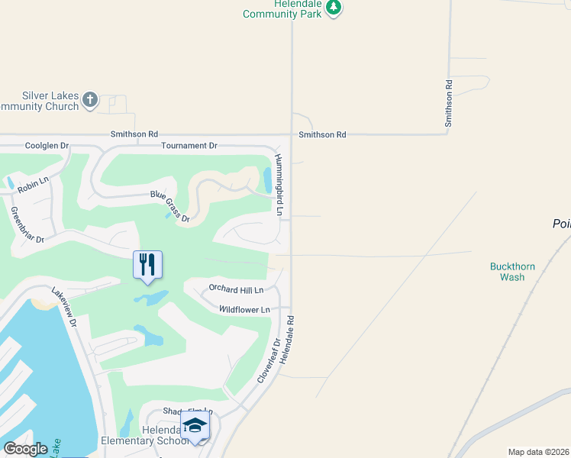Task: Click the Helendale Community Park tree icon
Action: pos(334,8)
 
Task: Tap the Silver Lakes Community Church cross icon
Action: pos(90,99)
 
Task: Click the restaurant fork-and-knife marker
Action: pos(147,265)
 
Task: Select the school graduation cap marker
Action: pos(195,425)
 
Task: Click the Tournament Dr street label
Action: pos(189,145)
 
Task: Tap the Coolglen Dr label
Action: pos(47,145)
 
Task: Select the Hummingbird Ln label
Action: pos(280,184)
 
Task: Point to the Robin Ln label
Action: pos(33,184)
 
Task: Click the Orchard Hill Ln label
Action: pos(236,290)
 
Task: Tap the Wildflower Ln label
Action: pos(244,309)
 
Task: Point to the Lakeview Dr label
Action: pos(65,307)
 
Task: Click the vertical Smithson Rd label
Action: pos(450,102)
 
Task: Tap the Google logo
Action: pos(25,449)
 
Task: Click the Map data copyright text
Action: pos(538,452)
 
